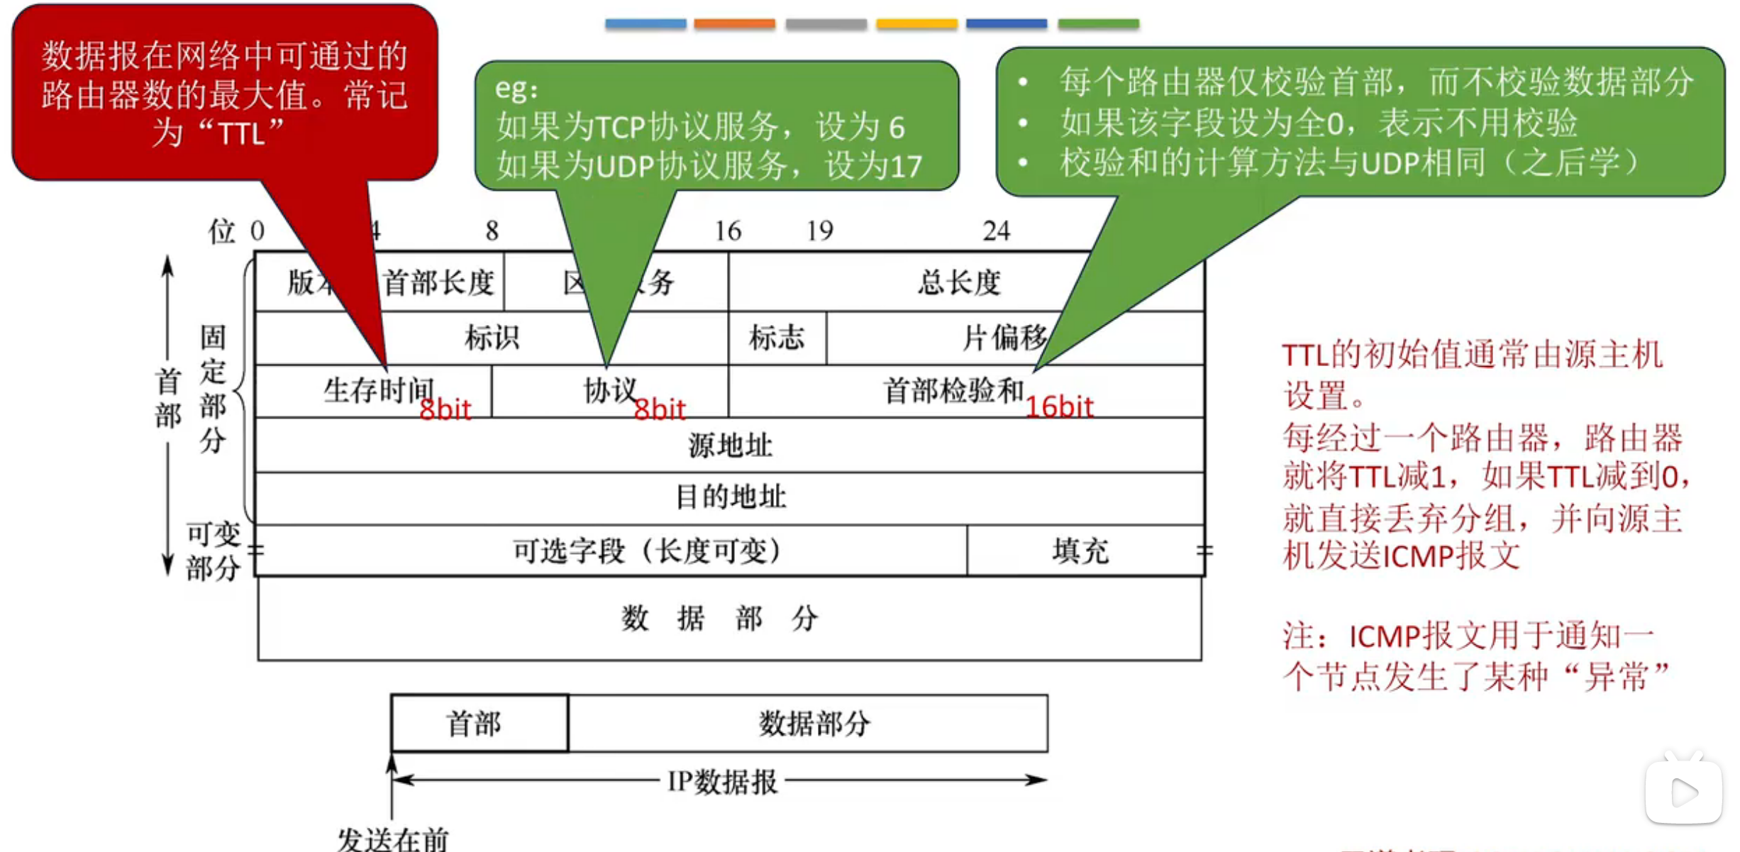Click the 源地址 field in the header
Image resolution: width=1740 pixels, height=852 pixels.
tap(729, 446)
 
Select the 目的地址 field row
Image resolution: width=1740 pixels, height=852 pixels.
tap(729, 497)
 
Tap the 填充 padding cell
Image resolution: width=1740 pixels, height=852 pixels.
tap(1080, 551)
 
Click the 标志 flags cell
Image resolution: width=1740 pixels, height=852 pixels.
tap(777, 338)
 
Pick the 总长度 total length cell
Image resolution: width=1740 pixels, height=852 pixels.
tap(958, 283)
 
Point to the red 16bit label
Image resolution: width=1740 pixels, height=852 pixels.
tap(1059, 407)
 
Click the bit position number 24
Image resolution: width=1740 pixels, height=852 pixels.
tap(996, 231)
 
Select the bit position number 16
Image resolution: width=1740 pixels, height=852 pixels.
tap(728, 231)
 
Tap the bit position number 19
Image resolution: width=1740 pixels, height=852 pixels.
tap(820, 231)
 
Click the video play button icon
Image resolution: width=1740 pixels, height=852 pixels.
tap(1683, 792)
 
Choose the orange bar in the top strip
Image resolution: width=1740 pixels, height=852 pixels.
tap(734, 23)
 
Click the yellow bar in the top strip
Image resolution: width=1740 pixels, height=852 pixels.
tap(916, 23)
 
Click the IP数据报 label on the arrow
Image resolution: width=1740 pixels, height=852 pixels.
tap(722, 782)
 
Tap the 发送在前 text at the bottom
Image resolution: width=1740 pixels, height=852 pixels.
tap(392, 839)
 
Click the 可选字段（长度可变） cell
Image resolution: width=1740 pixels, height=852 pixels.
tap(646, 551)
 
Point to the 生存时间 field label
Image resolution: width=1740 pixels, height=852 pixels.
tap(378, 390)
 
